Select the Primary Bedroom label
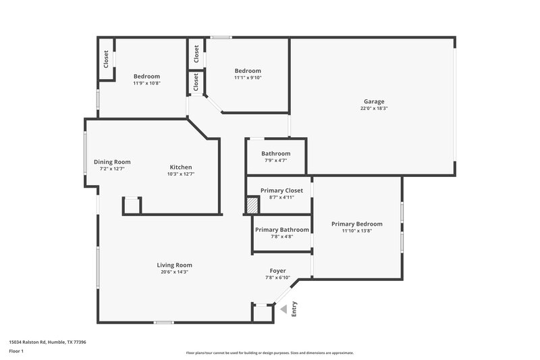coord(356,224)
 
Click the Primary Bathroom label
coord(281,230)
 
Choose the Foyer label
coord(278,270)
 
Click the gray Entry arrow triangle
coord(284,309)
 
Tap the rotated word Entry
coord(294,309)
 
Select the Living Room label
coord(175,265)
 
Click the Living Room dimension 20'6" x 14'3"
coord(175,272)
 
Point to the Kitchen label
coord(181,167)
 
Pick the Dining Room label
coord(112,161)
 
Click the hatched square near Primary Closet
coord(252,205)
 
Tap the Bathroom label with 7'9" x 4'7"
coord(276,153)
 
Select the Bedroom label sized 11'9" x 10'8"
coord(146,76)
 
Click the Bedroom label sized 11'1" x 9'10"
coord(248,71)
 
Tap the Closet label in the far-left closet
coord(106,60)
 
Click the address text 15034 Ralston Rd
coord(47,342)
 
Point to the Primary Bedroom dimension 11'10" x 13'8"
coord(356,232)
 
